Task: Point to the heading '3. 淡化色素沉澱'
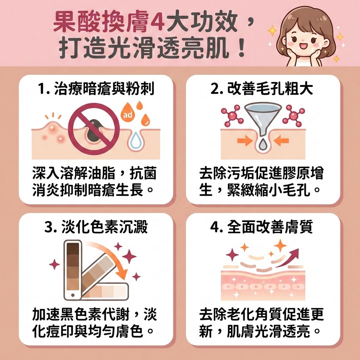click(x=96, y=227)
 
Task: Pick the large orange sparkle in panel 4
click(x=280, y=245)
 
